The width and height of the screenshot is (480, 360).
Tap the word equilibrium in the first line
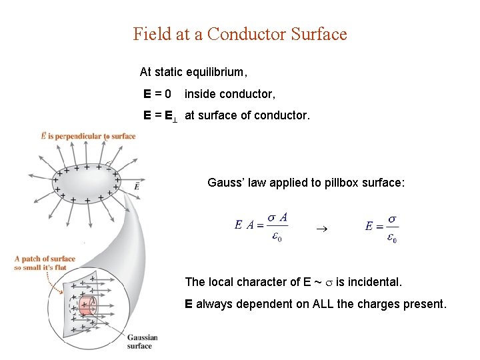click(x=217, y=71)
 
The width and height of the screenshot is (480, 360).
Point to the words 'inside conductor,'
click(x=230, y=94)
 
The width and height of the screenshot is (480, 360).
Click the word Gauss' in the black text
click(x=226, y=183)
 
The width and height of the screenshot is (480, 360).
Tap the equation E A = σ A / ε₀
click(x=261, y=226)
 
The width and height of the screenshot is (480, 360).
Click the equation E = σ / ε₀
click(x=381, y=227)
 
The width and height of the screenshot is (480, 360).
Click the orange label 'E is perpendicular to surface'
click(x=88, y=136)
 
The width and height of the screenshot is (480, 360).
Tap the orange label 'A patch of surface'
click(x=45, y=259)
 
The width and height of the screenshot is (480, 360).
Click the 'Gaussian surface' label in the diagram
click(x=140, y=341)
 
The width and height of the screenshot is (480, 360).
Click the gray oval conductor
click(x=87, y=181)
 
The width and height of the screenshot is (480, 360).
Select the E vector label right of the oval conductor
click(x=136, y=186)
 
